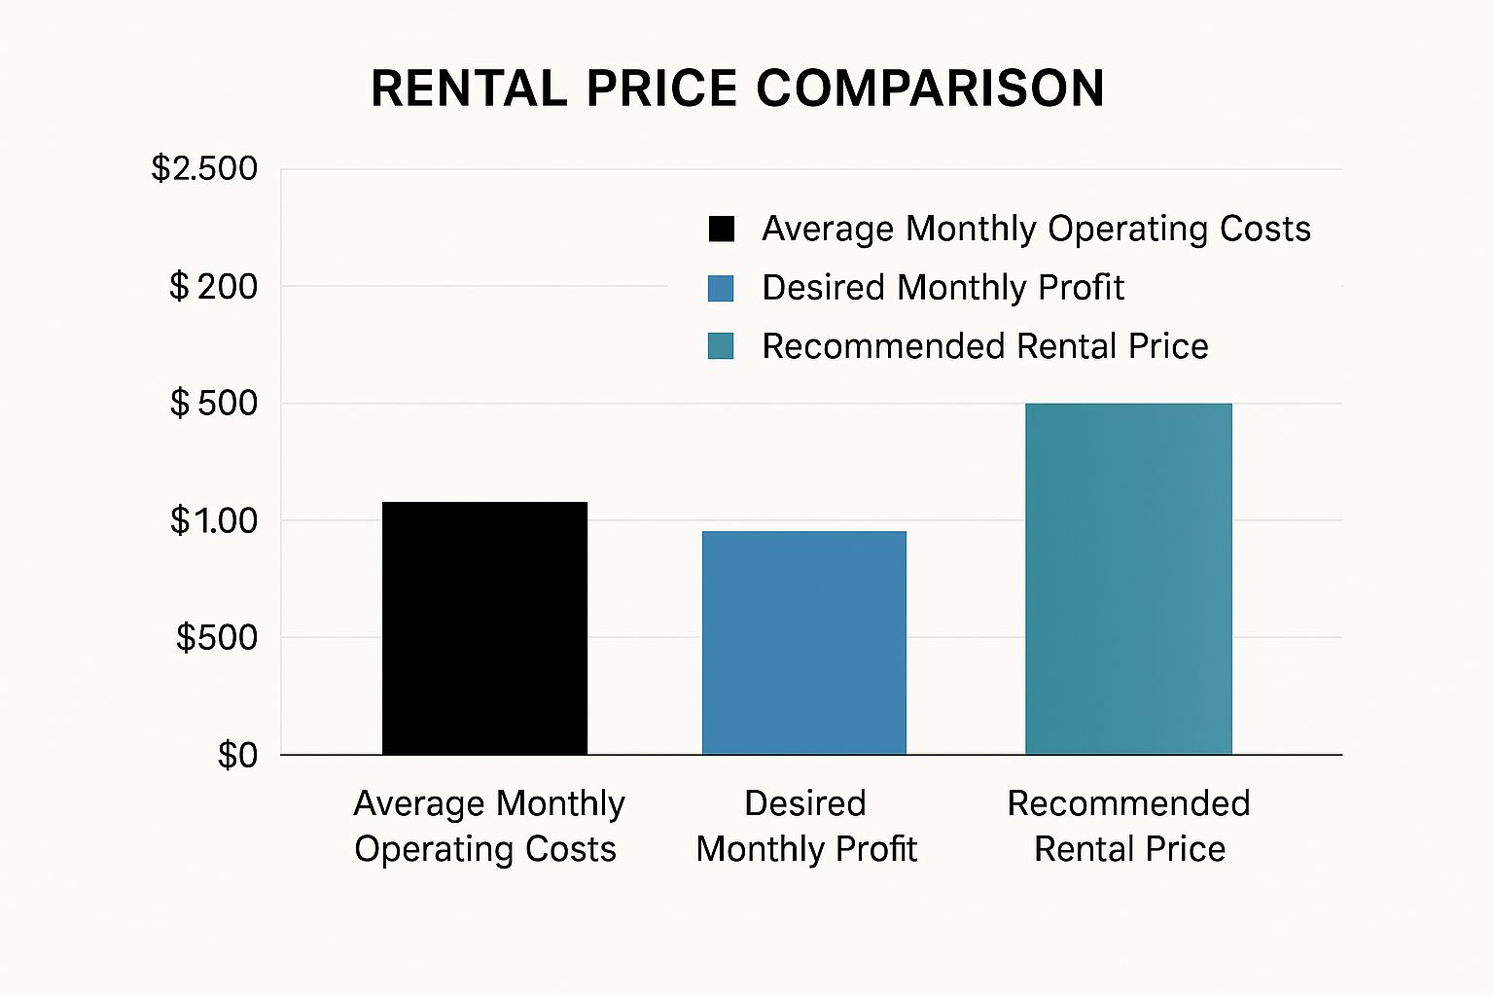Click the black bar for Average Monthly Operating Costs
[x=484, y=628]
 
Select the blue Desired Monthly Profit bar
[x=804, y=643]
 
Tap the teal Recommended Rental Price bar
[x=1128, y=579]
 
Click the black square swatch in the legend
[x=722, y=230]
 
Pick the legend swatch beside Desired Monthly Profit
[x=721, y=288]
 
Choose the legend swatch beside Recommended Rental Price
[x=721, y=346]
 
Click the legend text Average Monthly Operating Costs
[x=1036, y=230]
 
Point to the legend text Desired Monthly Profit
[x=943, y=288]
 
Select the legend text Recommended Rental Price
[x=984, y=346]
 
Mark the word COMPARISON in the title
[x=930, y=89]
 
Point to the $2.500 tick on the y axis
[x=204, y=169]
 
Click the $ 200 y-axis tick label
[x=213, y=287]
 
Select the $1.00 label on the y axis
[x=214, y=521]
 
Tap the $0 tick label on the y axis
[x=237, y=756]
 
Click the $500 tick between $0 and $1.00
[x=217, y=638]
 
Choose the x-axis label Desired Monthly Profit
[x=805, y=826]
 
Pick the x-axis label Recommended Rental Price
[x=1128, y=826]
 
